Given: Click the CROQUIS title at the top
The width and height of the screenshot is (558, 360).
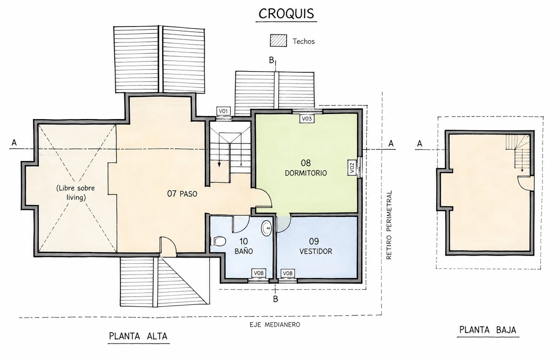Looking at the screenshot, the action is click(x=286, y=14).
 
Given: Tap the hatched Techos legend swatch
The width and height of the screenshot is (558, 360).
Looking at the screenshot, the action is click(x=278, y=41).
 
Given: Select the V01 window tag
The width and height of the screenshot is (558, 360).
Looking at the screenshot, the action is click(x=223, y=111).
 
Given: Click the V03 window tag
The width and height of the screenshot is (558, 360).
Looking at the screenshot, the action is click(x=307, y=119).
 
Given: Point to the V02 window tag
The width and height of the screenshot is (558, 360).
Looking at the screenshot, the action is click(x=352, y=168).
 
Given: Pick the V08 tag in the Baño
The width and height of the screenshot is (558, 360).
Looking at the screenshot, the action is click(x=259, y=273).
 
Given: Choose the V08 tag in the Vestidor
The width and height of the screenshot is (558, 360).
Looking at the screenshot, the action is click(x=288, y=273).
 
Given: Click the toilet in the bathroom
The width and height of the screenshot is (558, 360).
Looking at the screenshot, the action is click(x=219, y=241).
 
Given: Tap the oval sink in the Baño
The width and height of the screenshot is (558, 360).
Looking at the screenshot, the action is click(x=267, y=228).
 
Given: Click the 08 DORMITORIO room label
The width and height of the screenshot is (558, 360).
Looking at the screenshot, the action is click(x=306, y=168).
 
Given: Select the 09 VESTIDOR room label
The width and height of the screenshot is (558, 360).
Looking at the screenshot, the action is click(x=316, y=246).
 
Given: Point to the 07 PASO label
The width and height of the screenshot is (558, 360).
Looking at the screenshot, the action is click(x=182, y=194).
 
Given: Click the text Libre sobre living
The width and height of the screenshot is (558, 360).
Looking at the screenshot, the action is click(x=76, y=193).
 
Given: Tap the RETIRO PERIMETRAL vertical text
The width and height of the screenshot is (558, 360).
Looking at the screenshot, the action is click(x=389, y=225).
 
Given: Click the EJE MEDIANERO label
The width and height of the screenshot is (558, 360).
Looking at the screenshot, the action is click(x=275, y=325).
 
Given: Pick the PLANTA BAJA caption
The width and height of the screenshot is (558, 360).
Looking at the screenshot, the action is click(x=488, y=330).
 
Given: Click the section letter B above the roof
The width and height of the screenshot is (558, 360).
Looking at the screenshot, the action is click(x=271, y=60).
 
